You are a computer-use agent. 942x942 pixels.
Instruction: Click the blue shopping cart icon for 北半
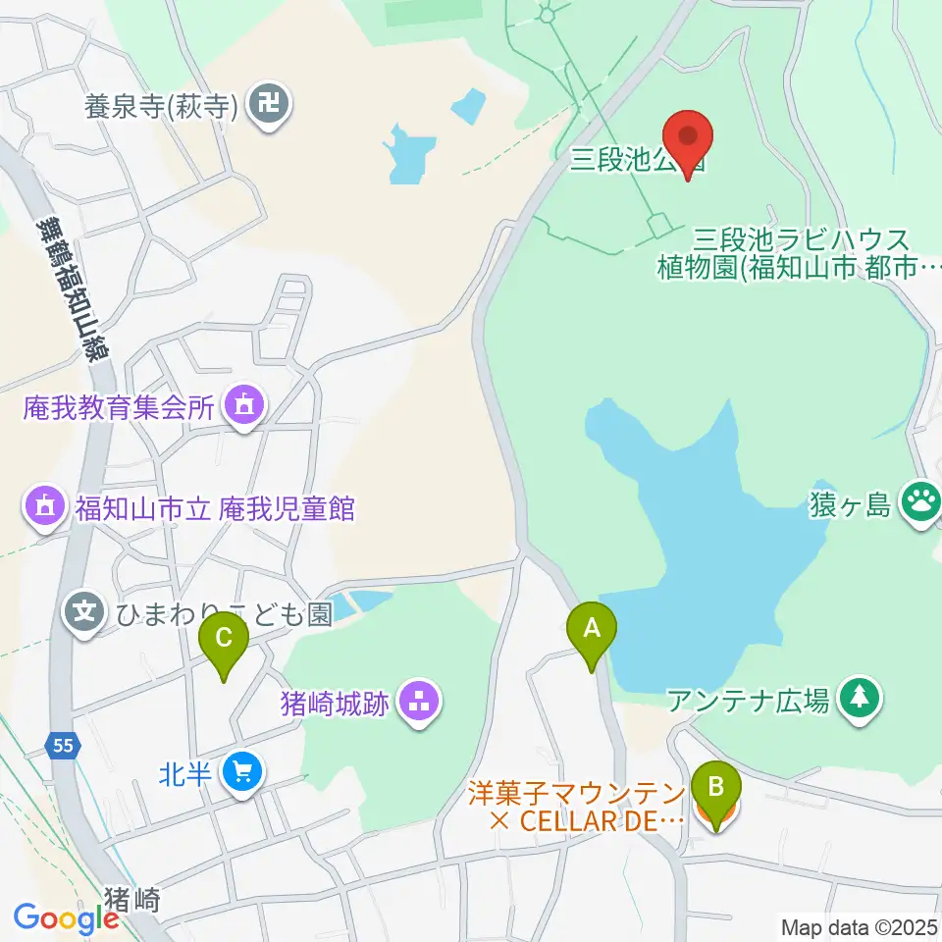click(241, 773)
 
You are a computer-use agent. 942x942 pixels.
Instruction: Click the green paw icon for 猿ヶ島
click(920, 504)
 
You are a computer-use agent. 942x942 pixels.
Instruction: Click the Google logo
click(66, 919)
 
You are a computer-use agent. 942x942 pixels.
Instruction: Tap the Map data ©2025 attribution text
click(860, 926)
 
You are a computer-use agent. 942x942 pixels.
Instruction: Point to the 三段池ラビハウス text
click(801, 238)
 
